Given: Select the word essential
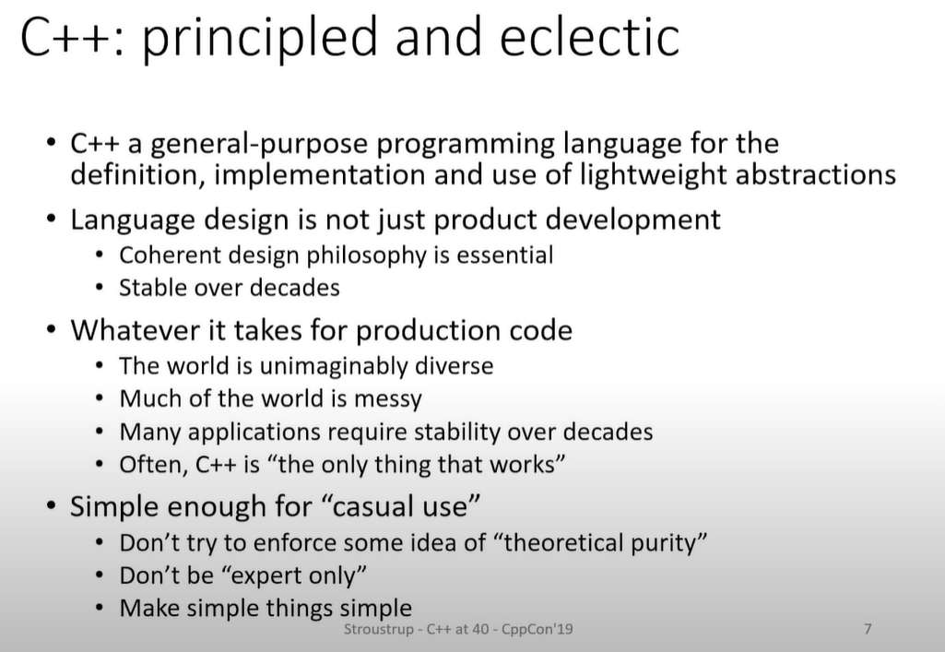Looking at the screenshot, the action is point(504,255).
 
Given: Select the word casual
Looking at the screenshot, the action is point(368,506).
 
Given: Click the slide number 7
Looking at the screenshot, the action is point(868,629).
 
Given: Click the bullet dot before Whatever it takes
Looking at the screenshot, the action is point(53,330).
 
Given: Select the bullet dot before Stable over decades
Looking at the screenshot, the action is point(100,288).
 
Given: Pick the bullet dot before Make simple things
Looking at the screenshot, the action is point(100,608).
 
